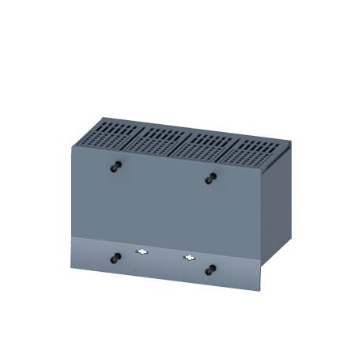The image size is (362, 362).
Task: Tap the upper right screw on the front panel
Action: (210, 179)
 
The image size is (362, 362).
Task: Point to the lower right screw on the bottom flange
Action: (210, 270)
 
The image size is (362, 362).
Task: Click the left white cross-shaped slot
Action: (142, 253)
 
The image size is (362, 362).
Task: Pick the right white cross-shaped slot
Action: (189, 258)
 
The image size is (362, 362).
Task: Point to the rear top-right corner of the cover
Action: (290, 142)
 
